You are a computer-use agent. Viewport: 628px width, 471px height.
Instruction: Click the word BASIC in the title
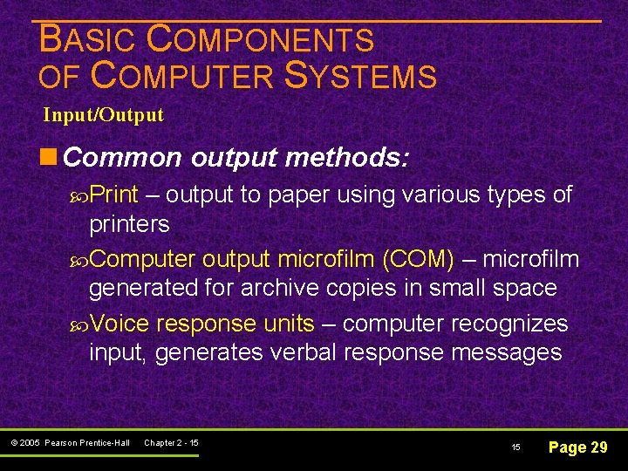click(x=88, y=40)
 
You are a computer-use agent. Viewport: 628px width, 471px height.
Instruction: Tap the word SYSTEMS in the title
click(x=360, y=77)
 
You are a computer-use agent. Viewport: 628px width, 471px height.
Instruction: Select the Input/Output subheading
click(x=103, y=115)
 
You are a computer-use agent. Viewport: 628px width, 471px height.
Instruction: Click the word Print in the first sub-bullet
click(x=120, y=195)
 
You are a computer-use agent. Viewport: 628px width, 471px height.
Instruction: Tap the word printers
click(x=129, y=223)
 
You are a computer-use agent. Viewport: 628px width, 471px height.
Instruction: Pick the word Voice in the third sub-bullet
click(x=119, y=324)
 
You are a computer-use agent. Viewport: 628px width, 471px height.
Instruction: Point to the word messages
click(x=509, y=352)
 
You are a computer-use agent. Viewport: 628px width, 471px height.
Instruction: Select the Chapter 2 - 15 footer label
click(x=171, y=443)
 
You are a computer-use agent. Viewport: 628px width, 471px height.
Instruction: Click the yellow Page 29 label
click(x=577, y=447)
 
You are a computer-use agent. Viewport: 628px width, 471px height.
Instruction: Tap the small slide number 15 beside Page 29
click(x=515, y=447)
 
